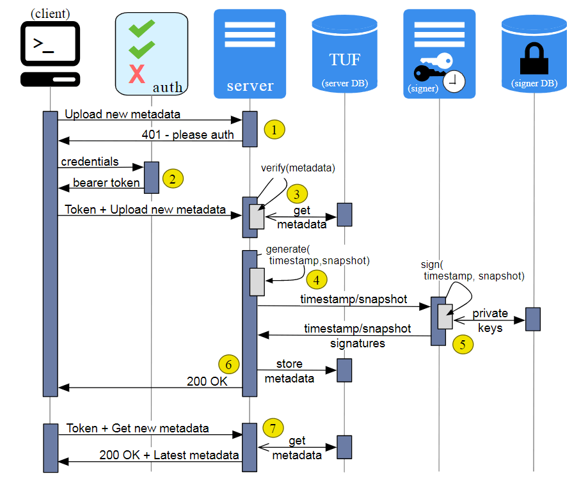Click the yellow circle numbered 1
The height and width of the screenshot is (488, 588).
pos(274,130)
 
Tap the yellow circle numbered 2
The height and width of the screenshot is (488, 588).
pos(173,178)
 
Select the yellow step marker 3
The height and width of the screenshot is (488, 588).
pos(297,194)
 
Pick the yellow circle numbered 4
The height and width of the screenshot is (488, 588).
pos(316,279)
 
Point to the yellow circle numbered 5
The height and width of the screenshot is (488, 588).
pos(463,344)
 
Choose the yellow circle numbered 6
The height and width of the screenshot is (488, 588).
pos(228,365)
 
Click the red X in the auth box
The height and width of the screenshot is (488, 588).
pos(137,74)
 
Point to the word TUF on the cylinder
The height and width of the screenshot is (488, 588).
pos(345,60)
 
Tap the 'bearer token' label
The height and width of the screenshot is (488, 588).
pos(106,183)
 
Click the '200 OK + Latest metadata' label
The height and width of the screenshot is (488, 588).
pos(169,455)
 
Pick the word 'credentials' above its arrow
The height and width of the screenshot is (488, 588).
pos(90,161)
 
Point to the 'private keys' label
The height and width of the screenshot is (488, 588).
pos(490,320)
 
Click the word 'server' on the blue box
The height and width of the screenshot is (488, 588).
pos(250,86)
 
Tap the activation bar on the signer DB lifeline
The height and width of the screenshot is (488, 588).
pos(533,319)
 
